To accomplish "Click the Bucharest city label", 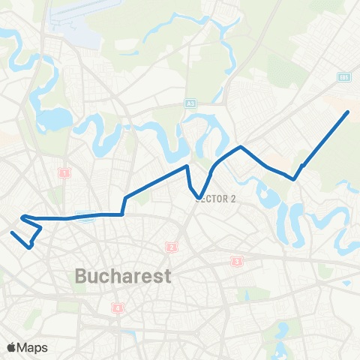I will [x=123, y=276].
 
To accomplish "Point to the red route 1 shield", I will [x=64, y=173].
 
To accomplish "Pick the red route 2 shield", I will [x=171, y=247].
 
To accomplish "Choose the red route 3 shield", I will [x=237, y=262].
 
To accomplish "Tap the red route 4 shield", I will [x=117, y=307].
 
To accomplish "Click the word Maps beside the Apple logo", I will [x=34, y=347].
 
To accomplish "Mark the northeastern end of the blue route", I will [x=348, y=112].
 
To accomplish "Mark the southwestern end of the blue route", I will [x=12, y=232].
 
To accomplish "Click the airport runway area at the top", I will [x=71, y=19].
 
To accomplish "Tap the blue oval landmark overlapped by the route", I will [x=85, y=218].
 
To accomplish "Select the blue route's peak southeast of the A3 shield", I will [x=239, y=147].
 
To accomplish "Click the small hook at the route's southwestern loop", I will [x=31, y=246].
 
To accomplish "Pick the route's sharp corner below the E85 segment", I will [x=294, y=179].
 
